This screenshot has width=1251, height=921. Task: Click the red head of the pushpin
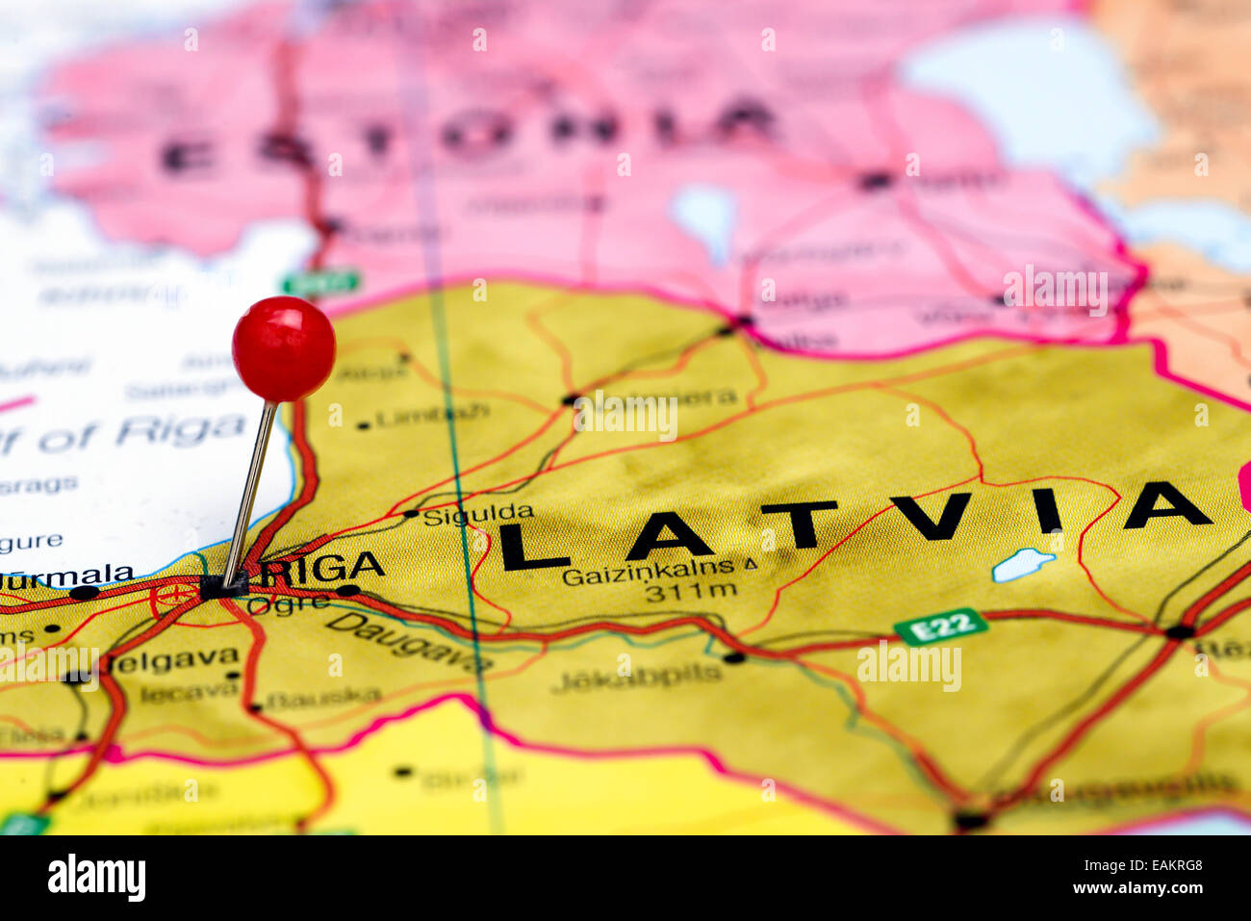click(283, 348)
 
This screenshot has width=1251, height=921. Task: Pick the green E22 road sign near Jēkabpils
click(940, 626)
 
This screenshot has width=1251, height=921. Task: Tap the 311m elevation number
click(691, 592)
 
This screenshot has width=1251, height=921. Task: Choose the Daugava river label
click(409, 642)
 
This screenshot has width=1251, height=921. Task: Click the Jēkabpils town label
click(637, 677)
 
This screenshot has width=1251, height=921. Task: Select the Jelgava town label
click(173, 660)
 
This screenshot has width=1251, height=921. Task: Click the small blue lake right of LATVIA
click(1022, 564)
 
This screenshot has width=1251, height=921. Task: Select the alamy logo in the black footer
click(96, 878)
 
